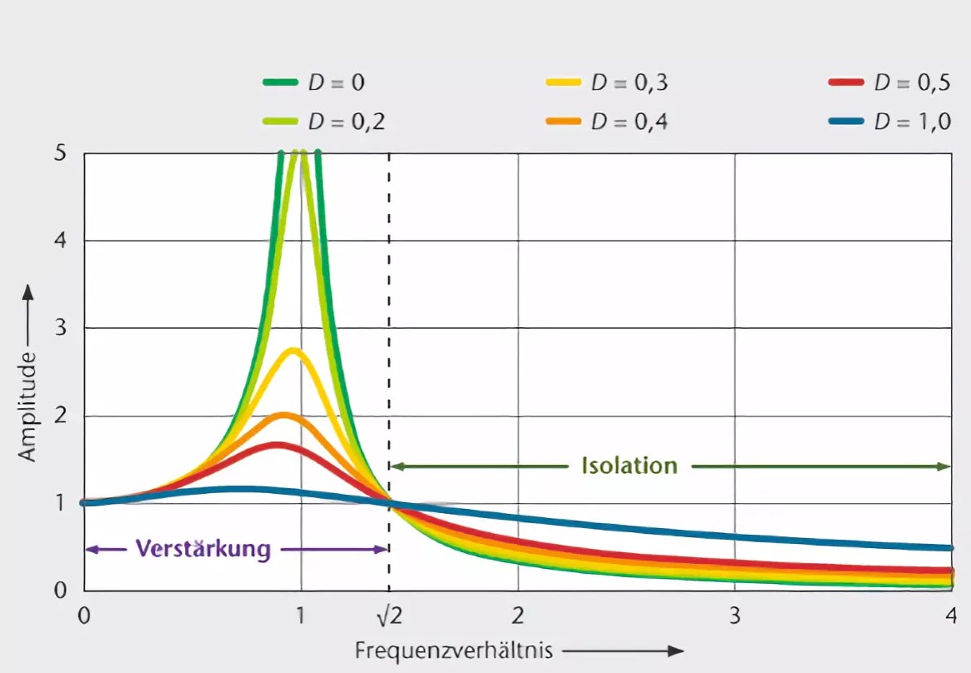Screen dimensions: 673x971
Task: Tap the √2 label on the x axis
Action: click(x=389, y=616)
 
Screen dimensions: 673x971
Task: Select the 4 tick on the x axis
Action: click(x=950, y=616)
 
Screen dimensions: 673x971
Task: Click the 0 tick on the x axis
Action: click(x=83, y=616)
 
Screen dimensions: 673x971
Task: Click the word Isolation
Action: click(x=629, y=466)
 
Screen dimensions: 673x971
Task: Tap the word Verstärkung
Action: click(x=203, y=549)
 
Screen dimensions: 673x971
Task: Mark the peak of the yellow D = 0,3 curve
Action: click(x=293, y=351)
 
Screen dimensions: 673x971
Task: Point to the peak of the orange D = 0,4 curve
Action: click(x=283, y=415)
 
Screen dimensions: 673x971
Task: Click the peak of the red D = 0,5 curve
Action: click(x=277, y=445)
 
